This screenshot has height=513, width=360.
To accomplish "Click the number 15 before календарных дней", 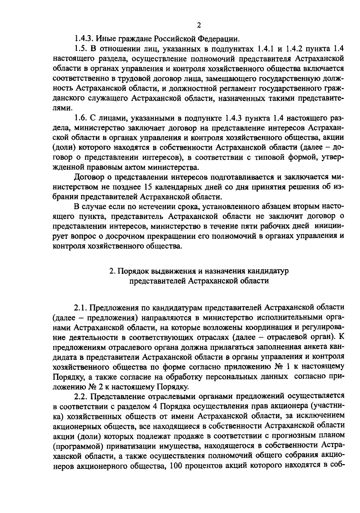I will pos(150,187).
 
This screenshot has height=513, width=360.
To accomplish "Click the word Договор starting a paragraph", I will pos(88,177).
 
